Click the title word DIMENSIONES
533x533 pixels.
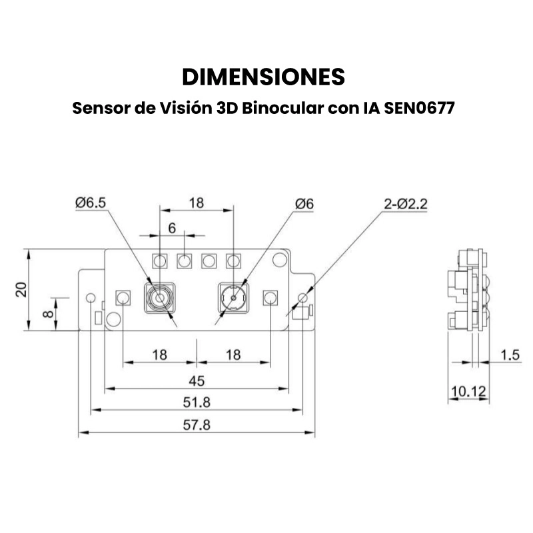tap(264, 77)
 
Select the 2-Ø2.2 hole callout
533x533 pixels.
tap(405, 203)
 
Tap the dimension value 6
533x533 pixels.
tap(171, 228)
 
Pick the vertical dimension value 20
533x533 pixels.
tap(21, 289)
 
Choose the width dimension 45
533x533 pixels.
tap(196, 380)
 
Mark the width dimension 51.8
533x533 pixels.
tap(196, 402)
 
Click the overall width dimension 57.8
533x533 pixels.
tap(196, 425)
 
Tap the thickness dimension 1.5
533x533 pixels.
tap(510, 355)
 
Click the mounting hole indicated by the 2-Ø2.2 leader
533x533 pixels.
tap(304, 297)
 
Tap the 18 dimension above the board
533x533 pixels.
tap(196, 203)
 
